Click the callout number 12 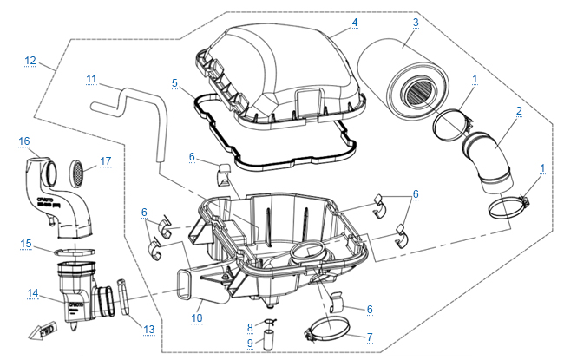tap(30, 60)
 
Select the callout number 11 tap(92, 79)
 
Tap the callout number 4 tap(355, 22)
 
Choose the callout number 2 tap(518, 111)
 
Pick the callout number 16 tap(24, 141)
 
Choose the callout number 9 tap(251, 343)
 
